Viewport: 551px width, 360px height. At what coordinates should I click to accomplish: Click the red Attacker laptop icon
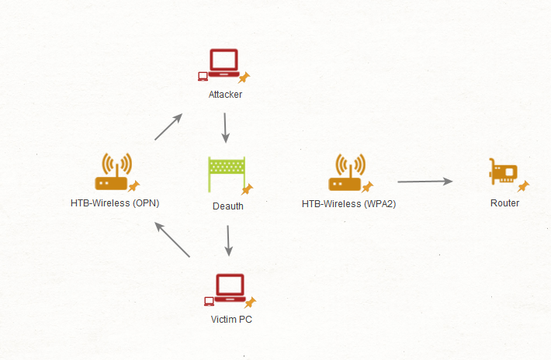coord(225,63)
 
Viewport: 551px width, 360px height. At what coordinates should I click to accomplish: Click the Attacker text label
coord(226,95)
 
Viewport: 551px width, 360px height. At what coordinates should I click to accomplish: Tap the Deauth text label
coord(228,206)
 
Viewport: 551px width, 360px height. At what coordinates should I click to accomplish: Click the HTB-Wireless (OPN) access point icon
coord(114,172)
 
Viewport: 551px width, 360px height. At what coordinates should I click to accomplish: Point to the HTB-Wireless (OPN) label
coord(115,203)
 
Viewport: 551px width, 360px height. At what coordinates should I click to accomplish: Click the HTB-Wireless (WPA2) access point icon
coord(347,172)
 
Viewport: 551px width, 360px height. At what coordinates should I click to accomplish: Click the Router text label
coord(504,203)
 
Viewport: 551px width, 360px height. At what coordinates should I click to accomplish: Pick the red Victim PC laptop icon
coord(230,288)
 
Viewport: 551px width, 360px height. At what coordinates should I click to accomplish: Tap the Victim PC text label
coord(230,319)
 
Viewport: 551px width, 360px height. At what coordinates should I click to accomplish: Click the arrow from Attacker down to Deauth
coord(225,128)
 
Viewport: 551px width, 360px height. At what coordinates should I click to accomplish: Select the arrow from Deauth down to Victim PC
coord(227,241)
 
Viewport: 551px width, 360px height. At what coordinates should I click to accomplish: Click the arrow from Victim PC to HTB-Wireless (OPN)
coord(172,240)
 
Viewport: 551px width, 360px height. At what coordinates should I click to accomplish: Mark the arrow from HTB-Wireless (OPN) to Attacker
coord(168,126)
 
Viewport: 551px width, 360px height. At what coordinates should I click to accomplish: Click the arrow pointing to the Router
coord(425,182)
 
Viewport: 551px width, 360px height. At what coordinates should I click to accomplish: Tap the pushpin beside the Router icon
coord(524,186)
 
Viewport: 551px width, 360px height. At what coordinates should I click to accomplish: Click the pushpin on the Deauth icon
coord(248,189)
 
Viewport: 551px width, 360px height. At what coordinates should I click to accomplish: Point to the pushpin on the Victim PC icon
coord(250,302)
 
